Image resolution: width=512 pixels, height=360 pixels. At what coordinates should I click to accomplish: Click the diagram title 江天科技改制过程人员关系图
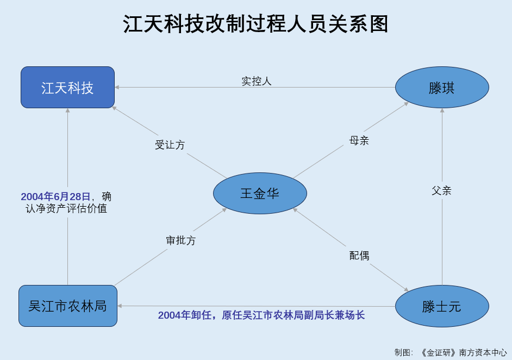coord(255,24)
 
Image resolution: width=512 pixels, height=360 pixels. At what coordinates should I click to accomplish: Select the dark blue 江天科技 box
coord(67,87)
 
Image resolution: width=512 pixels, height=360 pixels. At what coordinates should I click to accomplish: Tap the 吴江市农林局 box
coord(68,306)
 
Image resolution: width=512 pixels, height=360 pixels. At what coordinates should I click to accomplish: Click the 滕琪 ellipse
coord(442,87)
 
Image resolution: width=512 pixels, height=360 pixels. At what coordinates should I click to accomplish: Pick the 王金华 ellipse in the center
coord(260,193)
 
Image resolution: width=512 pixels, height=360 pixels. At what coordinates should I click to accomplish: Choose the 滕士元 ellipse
coord(442,306)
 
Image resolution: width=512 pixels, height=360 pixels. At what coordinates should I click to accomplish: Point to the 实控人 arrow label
coord(257,81)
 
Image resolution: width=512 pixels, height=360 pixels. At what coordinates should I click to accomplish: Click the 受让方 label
coord(170,145)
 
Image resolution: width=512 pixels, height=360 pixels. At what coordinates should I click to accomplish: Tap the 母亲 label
coord(359,140)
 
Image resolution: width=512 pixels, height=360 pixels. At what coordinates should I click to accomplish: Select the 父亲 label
coord(441,190)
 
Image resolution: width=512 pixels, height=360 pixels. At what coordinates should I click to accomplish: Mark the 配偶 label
coord(359,256)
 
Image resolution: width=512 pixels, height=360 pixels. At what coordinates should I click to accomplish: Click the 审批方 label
coord(180,240)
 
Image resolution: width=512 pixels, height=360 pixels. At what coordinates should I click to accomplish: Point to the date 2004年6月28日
coord(55,196)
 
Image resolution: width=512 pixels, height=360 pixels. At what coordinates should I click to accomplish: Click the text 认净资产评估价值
coord(66,208)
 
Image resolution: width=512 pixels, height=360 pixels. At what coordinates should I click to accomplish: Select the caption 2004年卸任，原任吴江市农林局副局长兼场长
coord(261,315)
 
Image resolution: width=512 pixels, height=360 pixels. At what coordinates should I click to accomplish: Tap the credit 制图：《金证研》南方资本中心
coord(451,352)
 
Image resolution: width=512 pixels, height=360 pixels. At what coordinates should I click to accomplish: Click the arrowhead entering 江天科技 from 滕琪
coord(117,87)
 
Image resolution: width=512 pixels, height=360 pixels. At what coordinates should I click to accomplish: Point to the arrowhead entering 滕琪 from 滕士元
coord(442,110)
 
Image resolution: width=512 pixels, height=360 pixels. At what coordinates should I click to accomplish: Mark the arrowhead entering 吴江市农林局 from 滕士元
coord(120,306)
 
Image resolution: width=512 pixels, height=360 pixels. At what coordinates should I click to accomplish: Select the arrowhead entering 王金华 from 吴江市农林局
coord(224,210)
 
